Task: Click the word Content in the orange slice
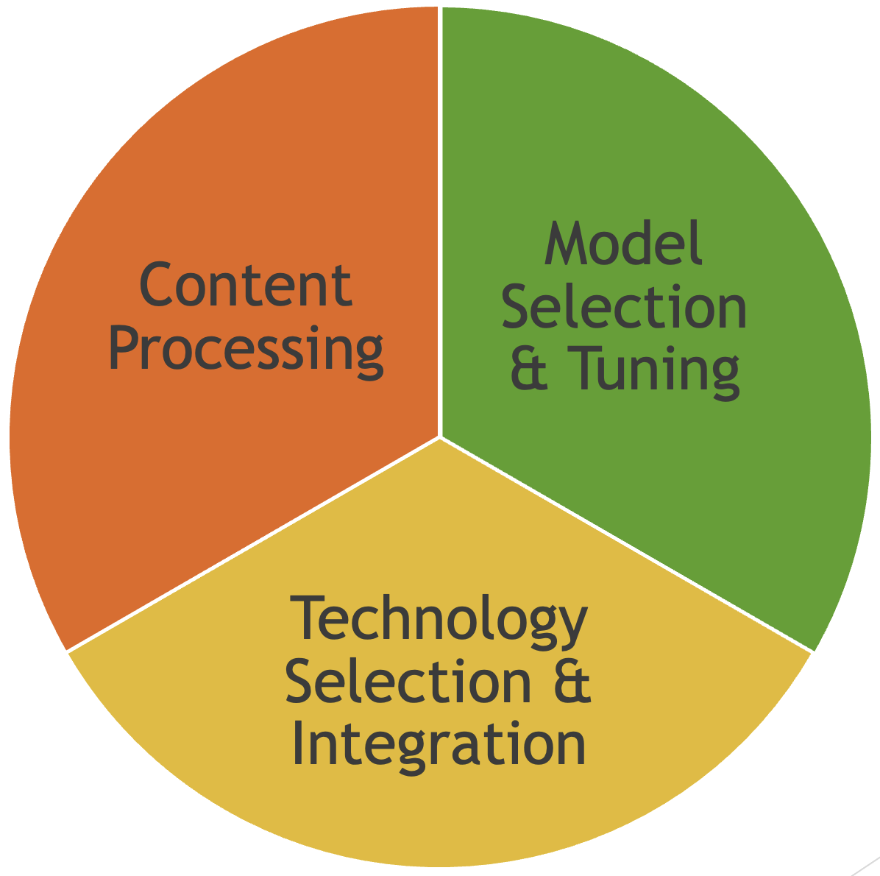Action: (245, 285)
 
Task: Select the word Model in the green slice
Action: (624, 244)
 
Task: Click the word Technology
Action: (439, 620)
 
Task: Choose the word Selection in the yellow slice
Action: (408, 682)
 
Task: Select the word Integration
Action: (439, 745)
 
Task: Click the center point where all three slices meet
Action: (440, 437)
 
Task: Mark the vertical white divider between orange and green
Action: (440, 221)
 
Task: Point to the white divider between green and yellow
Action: (625, 544)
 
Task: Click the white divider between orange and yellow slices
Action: (254, 544)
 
